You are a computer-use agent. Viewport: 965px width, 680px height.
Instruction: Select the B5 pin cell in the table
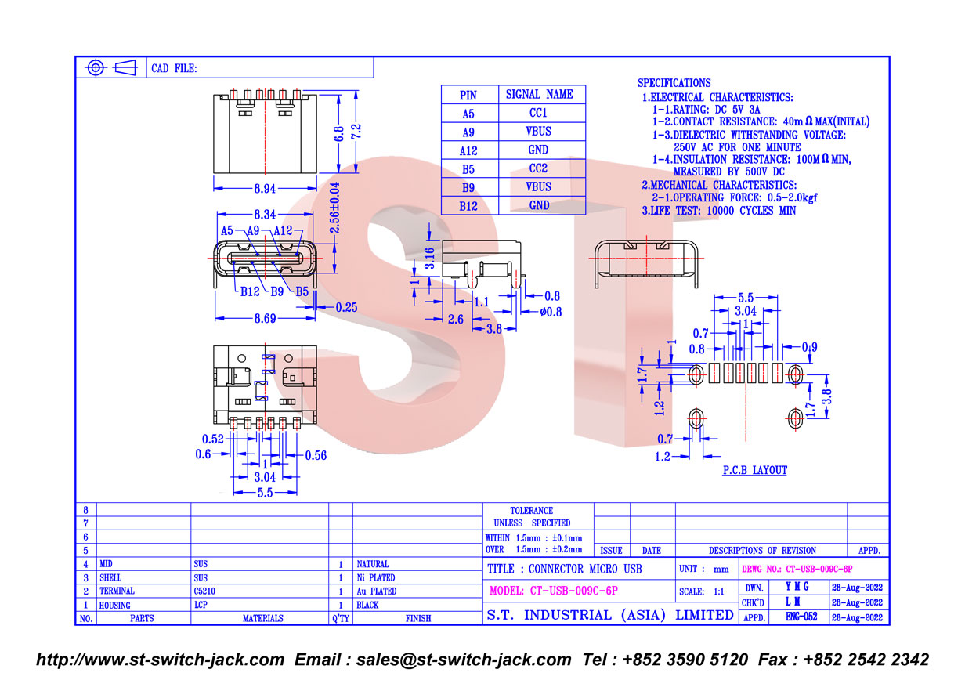[x=468, y=168]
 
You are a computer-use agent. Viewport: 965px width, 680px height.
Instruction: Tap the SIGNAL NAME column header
[x=539, y=94]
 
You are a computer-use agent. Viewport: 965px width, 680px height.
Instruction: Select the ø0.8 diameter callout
[x=551, y=312]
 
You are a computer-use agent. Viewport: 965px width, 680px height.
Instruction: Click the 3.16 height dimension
[x=430, y=258]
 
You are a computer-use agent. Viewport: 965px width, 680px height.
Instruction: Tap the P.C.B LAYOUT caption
[x=754, y=470]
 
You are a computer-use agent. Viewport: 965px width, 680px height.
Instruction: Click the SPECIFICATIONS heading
[x=674, y=82]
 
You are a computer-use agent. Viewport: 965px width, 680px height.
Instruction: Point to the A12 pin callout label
[x=283, y=230]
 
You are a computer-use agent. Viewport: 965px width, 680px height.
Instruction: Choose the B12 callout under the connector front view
[x=250, y=291]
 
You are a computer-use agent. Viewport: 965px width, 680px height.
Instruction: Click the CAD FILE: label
[x=174, y=68]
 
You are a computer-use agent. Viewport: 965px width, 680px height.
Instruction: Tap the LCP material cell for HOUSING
[x=202, y=605]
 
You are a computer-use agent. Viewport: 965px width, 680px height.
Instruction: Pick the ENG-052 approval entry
[x=801, y=617]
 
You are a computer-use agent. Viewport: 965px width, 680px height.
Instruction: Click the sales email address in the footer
[x=433, y=659]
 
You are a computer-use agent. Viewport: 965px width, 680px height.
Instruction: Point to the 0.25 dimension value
[x=346, y=307]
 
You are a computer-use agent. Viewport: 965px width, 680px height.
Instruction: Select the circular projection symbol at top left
[x=96, y=67]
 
